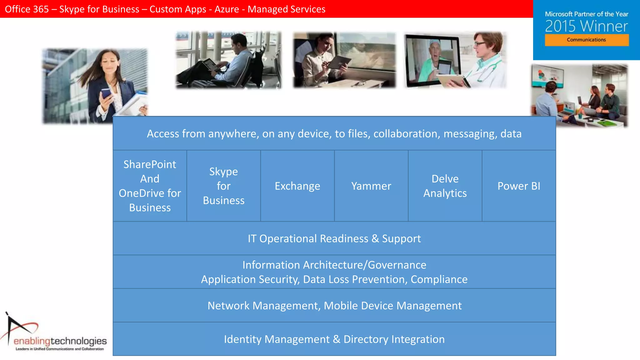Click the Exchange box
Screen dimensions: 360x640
point(297,186)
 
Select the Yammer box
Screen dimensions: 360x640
point(371,186)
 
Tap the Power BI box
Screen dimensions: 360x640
point(519,186)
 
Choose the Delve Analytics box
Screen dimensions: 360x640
point(445,186)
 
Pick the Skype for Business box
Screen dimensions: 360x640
point(223,186)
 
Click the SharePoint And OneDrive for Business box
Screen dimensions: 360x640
point(150,186)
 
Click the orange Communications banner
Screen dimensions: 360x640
point(587,40)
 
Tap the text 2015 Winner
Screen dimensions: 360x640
point(587,26)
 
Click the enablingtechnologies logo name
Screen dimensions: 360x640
point(60,341)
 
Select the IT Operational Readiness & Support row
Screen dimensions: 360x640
point(334,238)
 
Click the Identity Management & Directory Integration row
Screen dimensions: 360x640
point(334,339)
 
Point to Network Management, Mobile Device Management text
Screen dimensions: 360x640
point(334,306)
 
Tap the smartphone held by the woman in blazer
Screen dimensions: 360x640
point(106,93)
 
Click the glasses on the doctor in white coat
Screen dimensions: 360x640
point(479,44)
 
